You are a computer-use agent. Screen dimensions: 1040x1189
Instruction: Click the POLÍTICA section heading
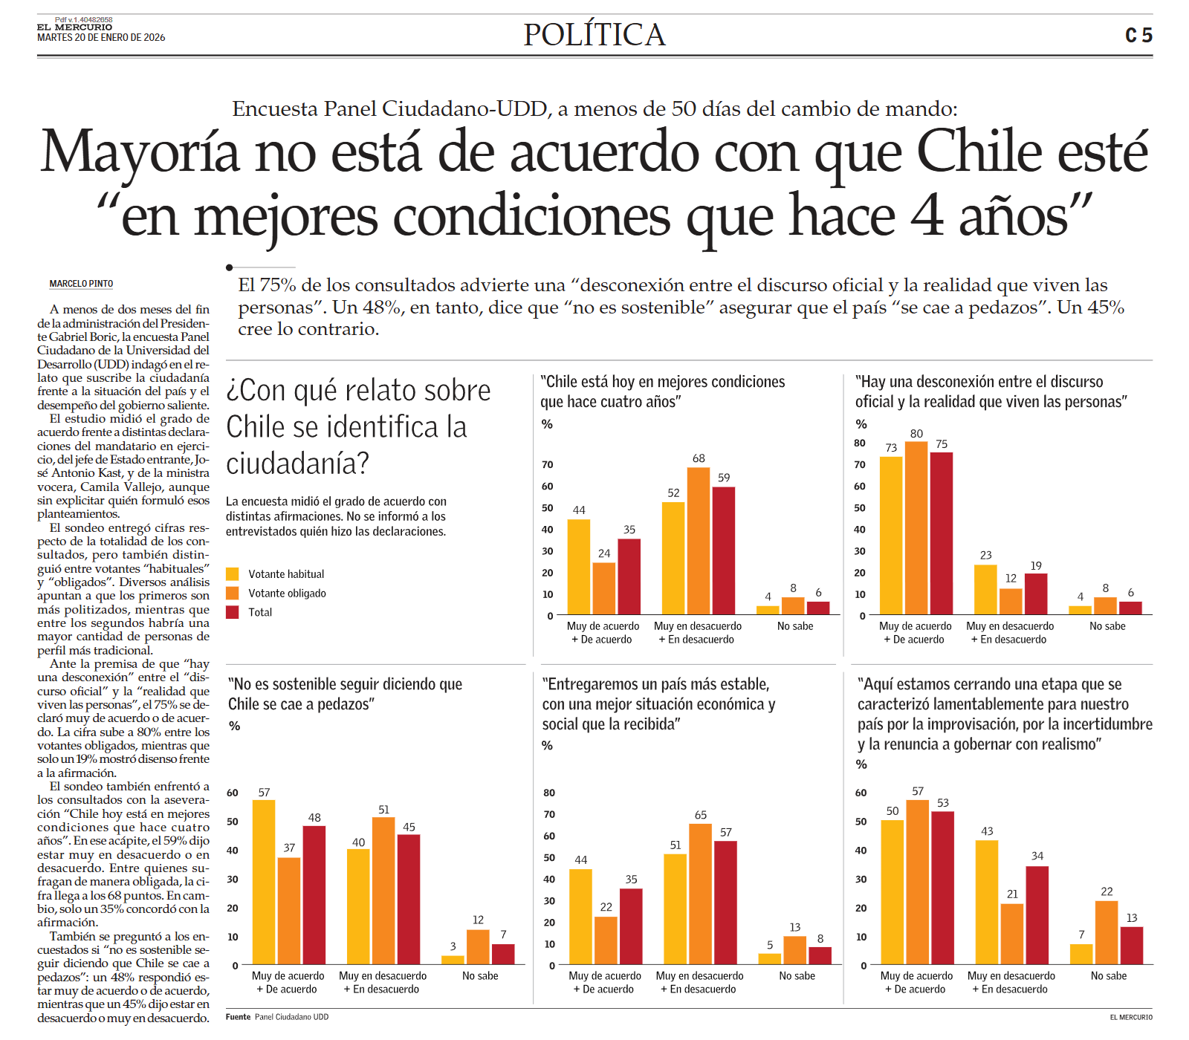[594, 35]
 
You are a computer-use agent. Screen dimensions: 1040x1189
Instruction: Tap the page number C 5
[1138, 36]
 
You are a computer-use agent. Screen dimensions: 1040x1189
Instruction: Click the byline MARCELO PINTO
[81, 284]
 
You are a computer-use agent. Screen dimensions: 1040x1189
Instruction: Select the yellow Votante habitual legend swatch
[233, 573]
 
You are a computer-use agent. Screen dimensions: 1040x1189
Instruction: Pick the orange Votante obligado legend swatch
[233, 593]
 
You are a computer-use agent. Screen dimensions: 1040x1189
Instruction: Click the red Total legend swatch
[233, 612]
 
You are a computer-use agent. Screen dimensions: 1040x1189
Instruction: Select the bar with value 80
[916, 528]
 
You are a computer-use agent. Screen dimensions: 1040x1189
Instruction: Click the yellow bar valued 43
[987, 903]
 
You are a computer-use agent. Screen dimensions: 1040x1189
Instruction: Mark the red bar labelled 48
[314, 895]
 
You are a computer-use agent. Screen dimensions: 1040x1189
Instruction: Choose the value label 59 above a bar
[724, 478]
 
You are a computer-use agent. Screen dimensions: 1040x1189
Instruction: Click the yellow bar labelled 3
[453, 960]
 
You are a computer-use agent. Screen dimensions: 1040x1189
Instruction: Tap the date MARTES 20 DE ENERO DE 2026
[101, 38]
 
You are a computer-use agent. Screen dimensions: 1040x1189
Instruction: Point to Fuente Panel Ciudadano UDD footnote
[277, 1017]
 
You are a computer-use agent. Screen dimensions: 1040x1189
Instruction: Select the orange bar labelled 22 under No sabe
[1107, 932]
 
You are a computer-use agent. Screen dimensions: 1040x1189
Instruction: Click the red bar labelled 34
[1037, 915]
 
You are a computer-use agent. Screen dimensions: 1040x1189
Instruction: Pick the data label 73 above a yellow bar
[891, 448]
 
